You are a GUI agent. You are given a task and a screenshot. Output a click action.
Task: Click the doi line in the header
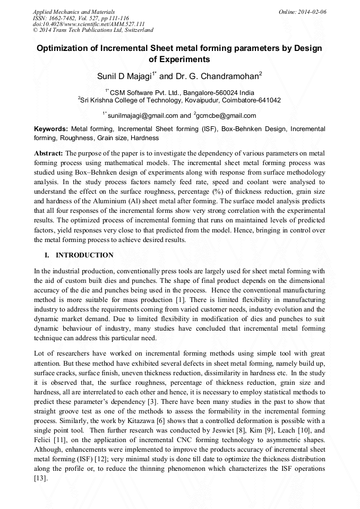[89, 24]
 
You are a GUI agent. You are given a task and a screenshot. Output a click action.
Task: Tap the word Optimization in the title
[63, 48]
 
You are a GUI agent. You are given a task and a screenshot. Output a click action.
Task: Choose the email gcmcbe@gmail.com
[226, 115]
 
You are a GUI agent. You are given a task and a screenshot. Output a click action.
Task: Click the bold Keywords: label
[51, 129]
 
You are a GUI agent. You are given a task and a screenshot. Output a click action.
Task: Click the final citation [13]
[40, 478]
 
